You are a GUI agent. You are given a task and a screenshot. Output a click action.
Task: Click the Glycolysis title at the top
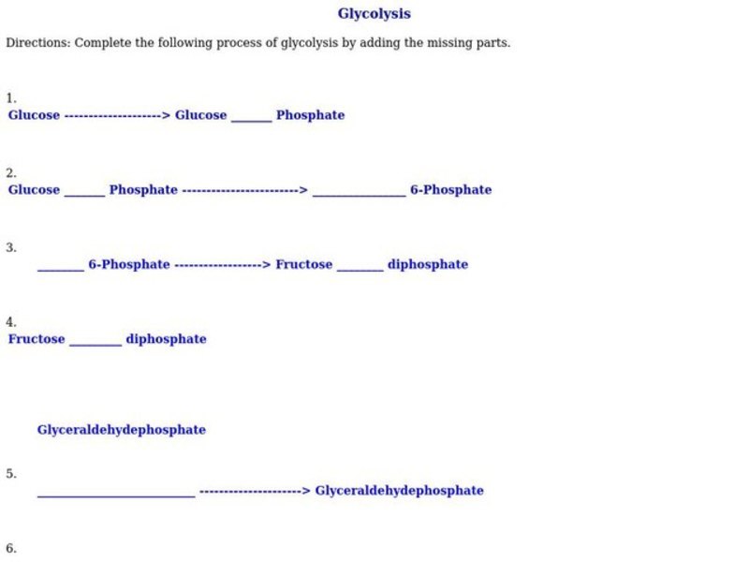click(x=374, y=14)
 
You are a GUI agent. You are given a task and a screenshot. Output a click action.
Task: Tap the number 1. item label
click(x=10, y=98)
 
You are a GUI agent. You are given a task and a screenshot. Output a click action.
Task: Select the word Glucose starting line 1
click(x=34, y=115)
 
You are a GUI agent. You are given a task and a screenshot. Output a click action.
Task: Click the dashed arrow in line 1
click(x=117, y=115)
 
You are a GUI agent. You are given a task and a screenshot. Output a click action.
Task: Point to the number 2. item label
click(x=10, y=173)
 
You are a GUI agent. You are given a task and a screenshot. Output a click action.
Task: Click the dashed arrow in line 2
click(x=244, y=190)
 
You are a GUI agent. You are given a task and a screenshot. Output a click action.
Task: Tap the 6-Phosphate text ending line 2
click(x=450, y=190)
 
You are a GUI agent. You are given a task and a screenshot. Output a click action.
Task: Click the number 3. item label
click(x=10, y=248)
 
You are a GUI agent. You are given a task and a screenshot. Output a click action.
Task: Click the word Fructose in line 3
click(x=303, y=265)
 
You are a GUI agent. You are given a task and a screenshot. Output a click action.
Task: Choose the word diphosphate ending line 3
click(x=427, y=265)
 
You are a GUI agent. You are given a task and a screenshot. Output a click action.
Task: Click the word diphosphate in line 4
click(x=166, y=339)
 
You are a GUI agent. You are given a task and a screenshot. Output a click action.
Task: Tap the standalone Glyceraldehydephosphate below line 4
click(x=121, y=430)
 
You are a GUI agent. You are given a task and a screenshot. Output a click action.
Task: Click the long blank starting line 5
click(x=116, y=494)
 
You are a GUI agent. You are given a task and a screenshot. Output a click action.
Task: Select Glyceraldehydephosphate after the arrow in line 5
click(x=399, y=491)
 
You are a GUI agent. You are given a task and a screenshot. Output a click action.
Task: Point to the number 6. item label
click(x=10, y=549)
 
